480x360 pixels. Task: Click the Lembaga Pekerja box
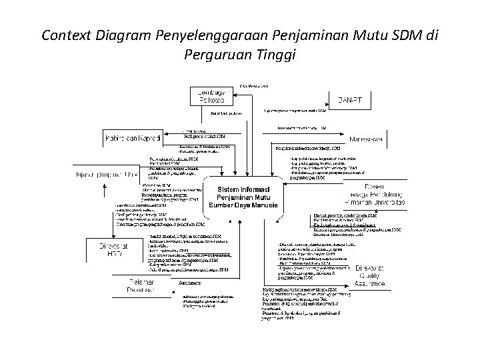point(212,95)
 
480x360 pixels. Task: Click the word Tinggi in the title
point(273,55)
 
